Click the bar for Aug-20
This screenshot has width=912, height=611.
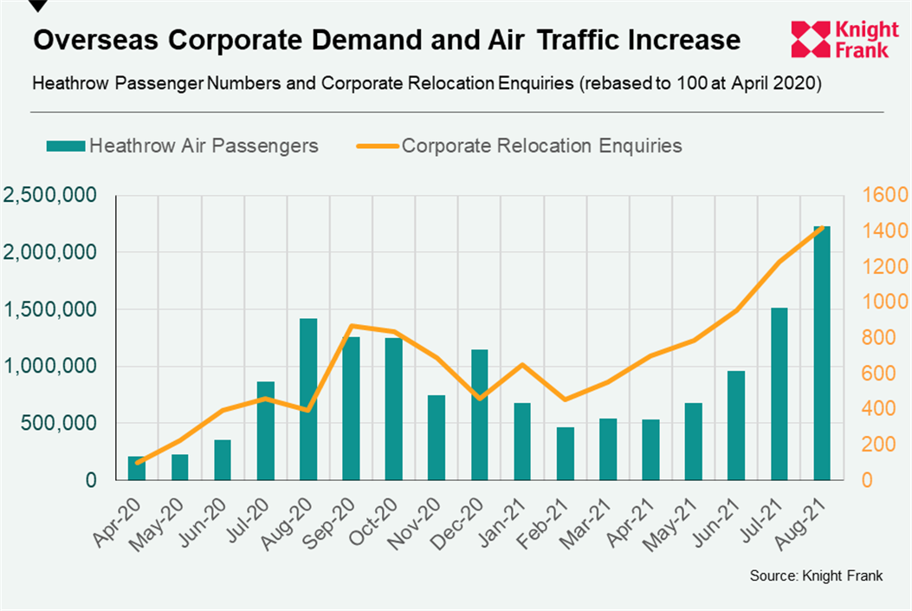(307, 399)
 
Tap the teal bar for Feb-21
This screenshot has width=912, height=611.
(565, 453)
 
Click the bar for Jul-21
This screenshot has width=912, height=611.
(779, 393)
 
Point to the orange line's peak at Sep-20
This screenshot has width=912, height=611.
(351, 326)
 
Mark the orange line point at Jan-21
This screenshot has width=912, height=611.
(522, 365)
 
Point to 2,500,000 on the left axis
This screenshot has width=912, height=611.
(49, 196)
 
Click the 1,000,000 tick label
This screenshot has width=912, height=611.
(49, 367)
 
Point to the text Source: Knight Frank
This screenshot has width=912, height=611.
(816, 576)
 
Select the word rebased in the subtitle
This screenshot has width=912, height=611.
(617, 85)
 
